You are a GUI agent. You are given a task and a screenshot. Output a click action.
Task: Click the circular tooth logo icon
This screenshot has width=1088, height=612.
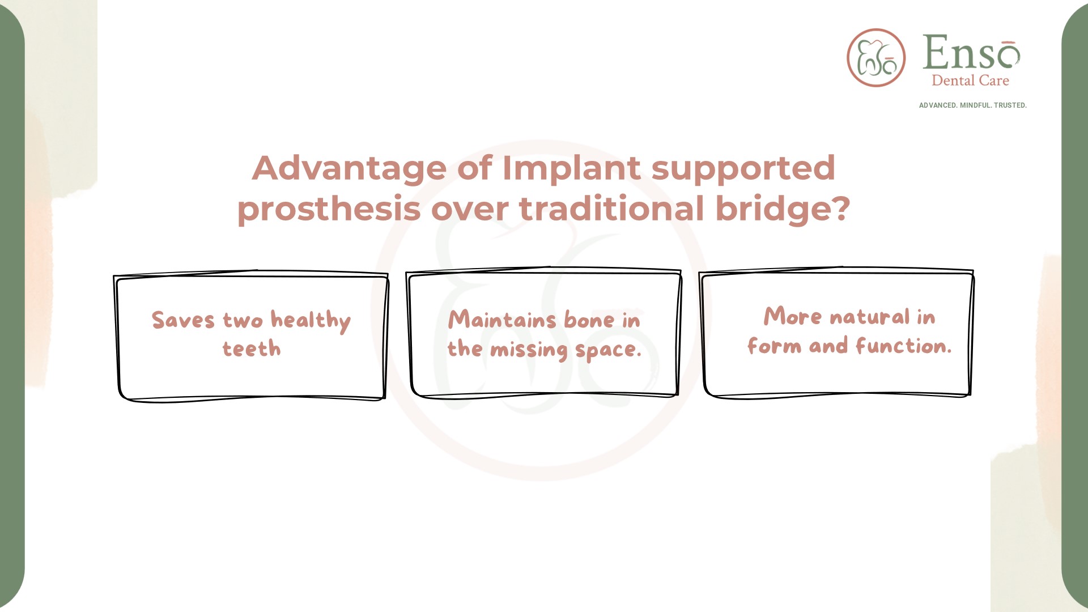click(876, 58)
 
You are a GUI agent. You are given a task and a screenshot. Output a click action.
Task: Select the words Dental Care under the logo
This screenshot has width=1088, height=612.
click(970, 80)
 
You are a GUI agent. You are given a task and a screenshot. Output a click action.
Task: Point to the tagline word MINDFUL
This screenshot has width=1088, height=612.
click(975, 105)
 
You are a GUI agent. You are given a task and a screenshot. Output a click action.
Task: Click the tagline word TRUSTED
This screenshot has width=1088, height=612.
click(1010, 105)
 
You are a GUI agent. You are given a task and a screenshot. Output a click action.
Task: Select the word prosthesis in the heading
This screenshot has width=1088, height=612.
click(329, 209)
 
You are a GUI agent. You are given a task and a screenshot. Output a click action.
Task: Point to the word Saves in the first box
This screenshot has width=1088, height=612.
click(183, 320)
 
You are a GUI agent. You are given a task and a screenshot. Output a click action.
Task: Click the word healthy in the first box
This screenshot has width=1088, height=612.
click(311, 321)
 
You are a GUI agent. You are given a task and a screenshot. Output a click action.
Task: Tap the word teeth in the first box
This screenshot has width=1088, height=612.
click(252, 348)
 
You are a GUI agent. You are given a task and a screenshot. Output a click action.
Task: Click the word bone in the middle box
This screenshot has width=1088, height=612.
click(589, 320)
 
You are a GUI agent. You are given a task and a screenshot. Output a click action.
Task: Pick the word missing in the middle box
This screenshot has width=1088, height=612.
click(529, 350)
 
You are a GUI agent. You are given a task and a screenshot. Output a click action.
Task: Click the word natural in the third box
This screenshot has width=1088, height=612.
click(869, 317)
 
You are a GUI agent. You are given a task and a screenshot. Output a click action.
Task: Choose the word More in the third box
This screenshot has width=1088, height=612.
click(792, 316)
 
